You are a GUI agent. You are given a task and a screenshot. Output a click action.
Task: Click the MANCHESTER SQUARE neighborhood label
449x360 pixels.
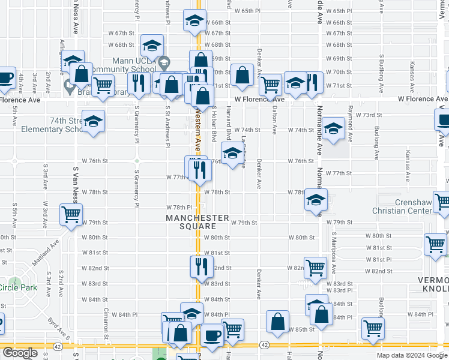[x=197, y=221]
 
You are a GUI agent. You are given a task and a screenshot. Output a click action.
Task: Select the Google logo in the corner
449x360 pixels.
[x=20, y=352]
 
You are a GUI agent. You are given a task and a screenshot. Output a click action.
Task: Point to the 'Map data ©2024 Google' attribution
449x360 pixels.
[x=412, y=355]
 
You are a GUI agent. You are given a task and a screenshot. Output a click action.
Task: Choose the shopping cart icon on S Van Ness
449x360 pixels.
[x=71, y=214]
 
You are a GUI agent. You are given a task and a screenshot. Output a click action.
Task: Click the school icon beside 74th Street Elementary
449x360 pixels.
[x=93, y=122]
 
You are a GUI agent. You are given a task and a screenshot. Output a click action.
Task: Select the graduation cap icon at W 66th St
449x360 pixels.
[x=194, y=22]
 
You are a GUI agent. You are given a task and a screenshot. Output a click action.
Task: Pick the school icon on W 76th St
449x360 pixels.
[x=233, y=152]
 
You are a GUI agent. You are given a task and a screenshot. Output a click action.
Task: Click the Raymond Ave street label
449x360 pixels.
[x=350, y=119]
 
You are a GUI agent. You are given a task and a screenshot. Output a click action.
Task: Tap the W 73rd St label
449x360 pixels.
[x=369, y=115]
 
